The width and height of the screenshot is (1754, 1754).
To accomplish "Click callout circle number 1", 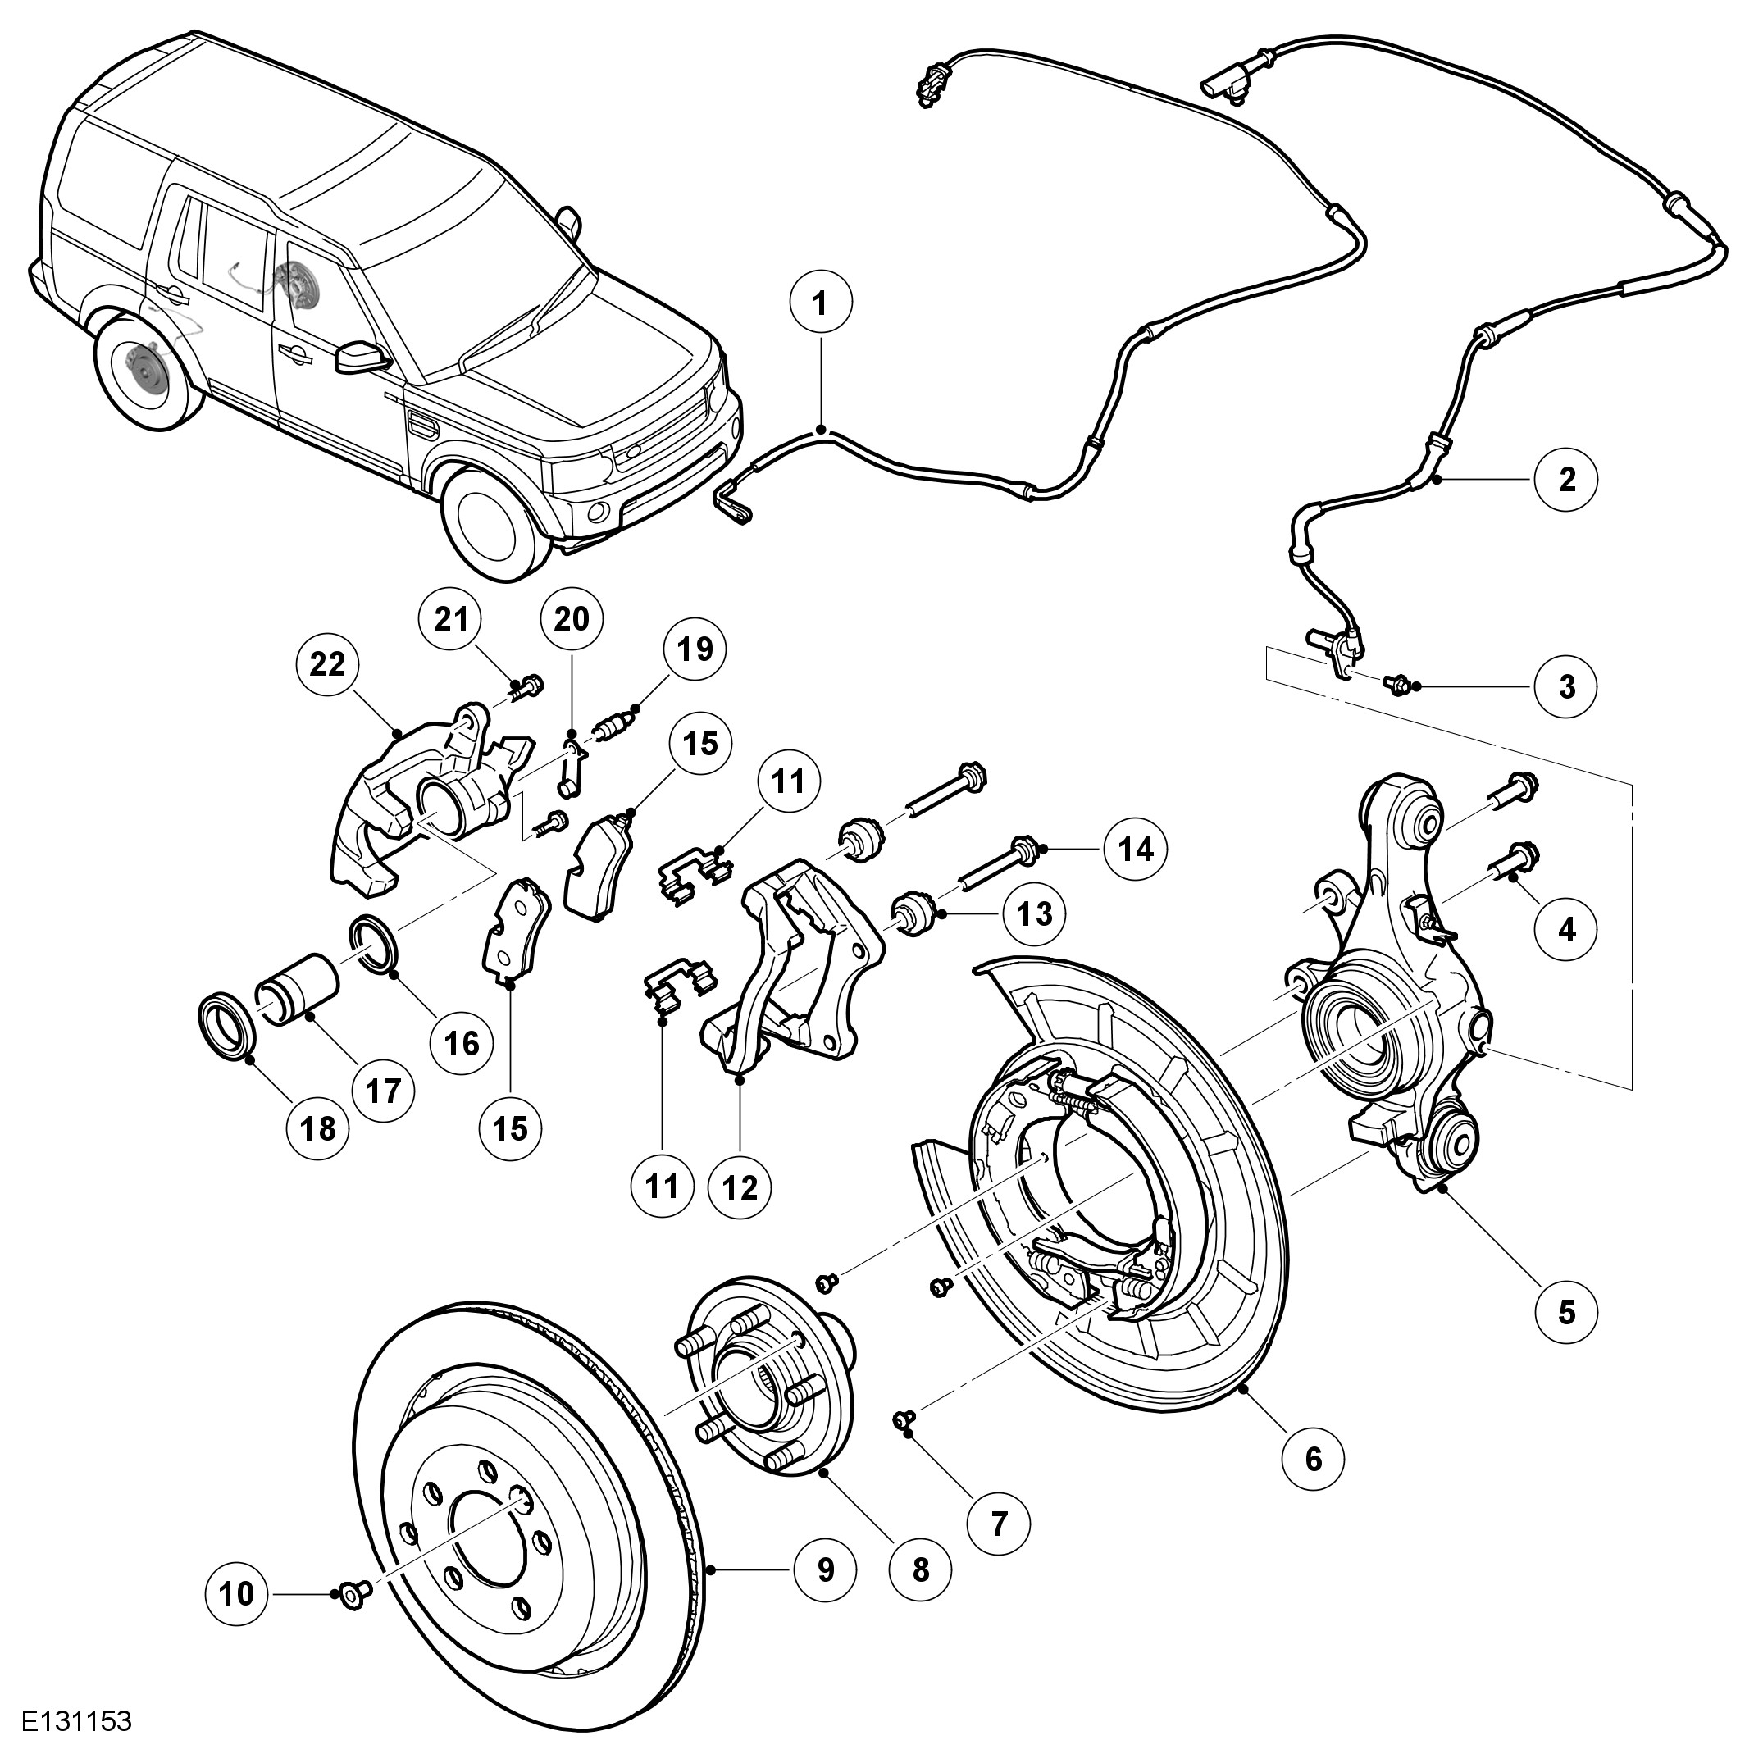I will (821, 304).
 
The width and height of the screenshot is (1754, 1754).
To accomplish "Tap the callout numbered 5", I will (1567, 1311).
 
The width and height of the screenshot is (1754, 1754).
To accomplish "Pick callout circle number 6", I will (1313, 1459).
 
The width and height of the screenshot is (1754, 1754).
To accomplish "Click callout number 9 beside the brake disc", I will (825, 1569).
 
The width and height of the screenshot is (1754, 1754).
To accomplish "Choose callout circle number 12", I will (740, 1187).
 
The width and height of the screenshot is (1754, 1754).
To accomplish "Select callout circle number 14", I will (1136, 849).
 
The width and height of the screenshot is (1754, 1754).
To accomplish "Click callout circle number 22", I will (328, 664).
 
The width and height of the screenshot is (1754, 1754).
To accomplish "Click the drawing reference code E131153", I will (77, 1721).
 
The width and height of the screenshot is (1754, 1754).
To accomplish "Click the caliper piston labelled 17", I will (298, 994).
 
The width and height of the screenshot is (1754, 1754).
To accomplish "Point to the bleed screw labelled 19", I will (613, 727).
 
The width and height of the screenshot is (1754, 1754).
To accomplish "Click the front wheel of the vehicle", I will (494, 524).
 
